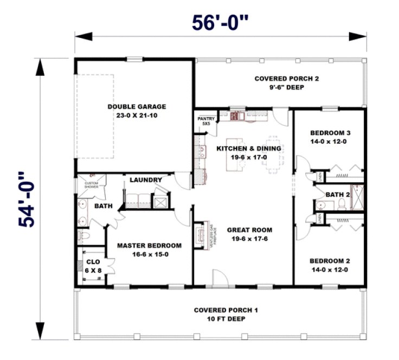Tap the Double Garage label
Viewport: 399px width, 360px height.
136,111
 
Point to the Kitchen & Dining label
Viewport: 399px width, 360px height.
249,152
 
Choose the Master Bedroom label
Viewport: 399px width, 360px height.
149,249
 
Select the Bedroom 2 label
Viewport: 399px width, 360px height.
330,265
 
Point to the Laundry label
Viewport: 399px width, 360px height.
146,180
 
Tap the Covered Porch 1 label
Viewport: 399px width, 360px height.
226,314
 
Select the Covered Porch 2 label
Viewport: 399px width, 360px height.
287,82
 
